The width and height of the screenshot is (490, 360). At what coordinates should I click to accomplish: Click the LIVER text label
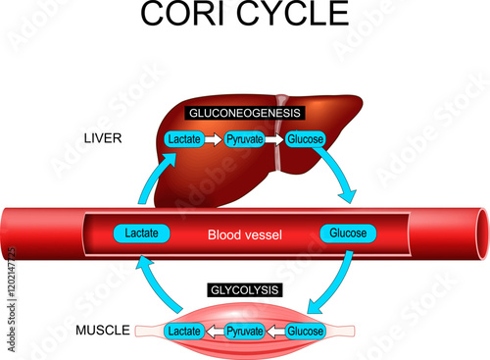[x=101, y=138]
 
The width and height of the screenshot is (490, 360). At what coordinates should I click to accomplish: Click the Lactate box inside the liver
[x=186, y=140]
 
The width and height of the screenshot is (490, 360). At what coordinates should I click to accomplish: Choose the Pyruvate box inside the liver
[x=246, y=140]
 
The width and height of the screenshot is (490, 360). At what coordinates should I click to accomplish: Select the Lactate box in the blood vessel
[x=143, y=233]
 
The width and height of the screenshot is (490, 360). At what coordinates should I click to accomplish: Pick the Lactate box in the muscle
[x=185, y=332]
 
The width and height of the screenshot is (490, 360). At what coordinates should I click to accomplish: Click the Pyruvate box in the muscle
[x=245, y=332]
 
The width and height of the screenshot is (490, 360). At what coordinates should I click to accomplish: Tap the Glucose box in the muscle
[x=305, y=332]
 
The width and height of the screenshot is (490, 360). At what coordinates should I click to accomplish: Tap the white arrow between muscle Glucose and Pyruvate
[x=275, y=332]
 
